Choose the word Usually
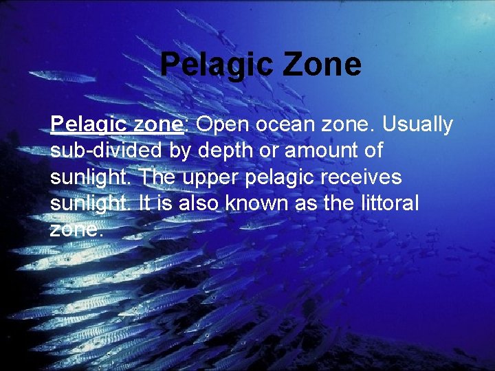tap(417, 125)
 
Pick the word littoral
tap(389, 203)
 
